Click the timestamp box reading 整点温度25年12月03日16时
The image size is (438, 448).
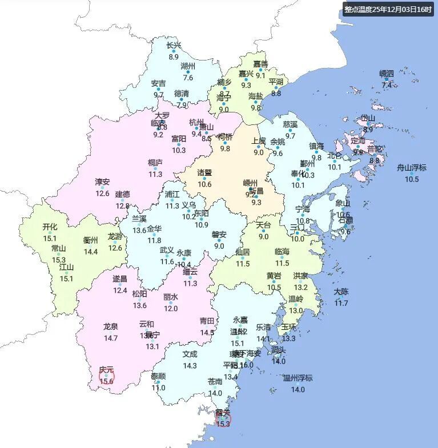388,10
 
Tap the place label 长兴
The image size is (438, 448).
174,46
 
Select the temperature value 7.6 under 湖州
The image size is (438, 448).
188,78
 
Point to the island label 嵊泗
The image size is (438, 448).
387,74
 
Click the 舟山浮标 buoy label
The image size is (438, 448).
412,168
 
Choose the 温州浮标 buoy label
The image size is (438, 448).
298,378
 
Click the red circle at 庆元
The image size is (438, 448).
106,376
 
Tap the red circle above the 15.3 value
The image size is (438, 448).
223,418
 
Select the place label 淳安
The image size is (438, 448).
102,182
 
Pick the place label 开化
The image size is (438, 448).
50,227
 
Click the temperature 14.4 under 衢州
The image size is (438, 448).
91,252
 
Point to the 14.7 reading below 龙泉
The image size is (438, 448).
111,338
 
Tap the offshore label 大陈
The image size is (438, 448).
341,292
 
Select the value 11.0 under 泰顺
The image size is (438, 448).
158,388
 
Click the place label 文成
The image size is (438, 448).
190,353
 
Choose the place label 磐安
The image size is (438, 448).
219,234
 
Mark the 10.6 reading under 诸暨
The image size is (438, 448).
204,184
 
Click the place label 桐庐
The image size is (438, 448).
155,162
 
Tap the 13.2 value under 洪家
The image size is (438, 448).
301,287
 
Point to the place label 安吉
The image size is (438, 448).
159,83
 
